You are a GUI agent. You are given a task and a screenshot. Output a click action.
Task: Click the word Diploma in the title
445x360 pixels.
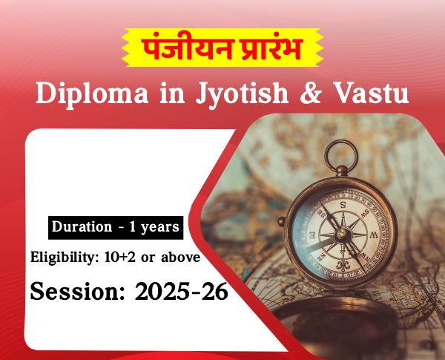tap(92, 94)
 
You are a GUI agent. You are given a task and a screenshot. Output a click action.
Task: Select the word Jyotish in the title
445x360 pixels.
tap(242, 94)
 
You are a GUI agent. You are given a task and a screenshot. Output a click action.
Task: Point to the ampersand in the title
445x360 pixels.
tap(311, 94)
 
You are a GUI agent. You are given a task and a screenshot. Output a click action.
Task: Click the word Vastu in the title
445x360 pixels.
tap(372, 94)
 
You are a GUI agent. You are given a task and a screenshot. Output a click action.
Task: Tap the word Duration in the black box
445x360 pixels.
tap(82, 226)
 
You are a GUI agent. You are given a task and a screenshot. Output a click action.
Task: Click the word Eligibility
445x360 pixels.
tap(64, 258)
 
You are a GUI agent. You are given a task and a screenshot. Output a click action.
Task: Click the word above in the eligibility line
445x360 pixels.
tap(180, 257)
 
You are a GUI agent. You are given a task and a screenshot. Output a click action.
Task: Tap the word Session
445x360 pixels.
tap(77, 291)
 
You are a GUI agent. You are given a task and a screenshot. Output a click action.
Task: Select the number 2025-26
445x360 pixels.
tap(182, 291)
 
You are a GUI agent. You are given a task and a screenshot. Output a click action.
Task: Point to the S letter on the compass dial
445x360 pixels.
tap(343, 205)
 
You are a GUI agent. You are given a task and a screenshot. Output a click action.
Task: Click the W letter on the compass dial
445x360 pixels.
tap(375, 235)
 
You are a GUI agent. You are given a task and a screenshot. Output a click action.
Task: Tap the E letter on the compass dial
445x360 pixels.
tap(311, 235)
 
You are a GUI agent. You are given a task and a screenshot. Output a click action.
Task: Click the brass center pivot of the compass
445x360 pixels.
tap(342, 233)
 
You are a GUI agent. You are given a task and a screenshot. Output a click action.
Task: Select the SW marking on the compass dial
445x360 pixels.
tap(366, 212)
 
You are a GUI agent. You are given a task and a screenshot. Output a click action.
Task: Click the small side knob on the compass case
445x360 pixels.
tap(281, 221)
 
